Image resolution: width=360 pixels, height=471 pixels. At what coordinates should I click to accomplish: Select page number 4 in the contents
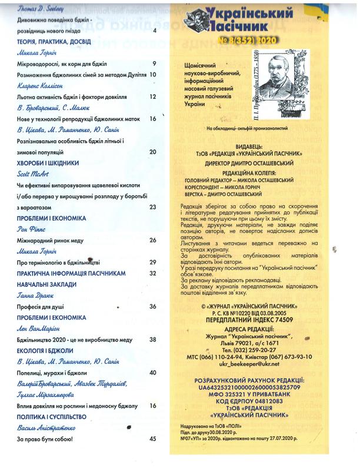click(x=154, y=31)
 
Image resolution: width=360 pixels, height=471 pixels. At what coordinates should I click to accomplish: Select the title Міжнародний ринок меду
click(x=53, y=241)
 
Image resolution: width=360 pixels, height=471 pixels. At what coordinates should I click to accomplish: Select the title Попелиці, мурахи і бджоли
click(x=52, y=373)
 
